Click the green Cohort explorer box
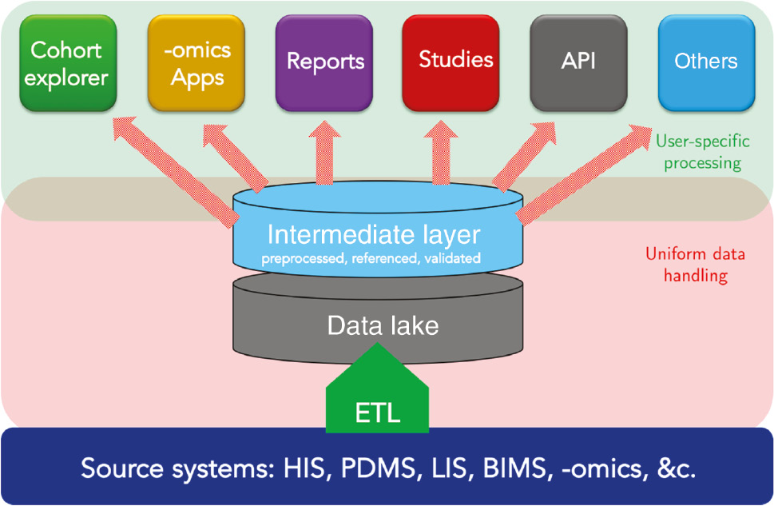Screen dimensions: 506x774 pyautogui.click(x=68, y=63)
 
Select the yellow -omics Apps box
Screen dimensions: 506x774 pyautogui.click(x=196, y=63)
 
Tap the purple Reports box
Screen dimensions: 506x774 pyautogui.click(x=324, y=62)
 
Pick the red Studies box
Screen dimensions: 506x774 pyautogui.click(x=452, y=61)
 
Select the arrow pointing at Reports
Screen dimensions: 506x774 pyautogui.click(x=326, y=152)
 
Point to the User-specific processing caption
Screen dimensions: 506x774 pyautogui.click(x=702, y=152)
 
